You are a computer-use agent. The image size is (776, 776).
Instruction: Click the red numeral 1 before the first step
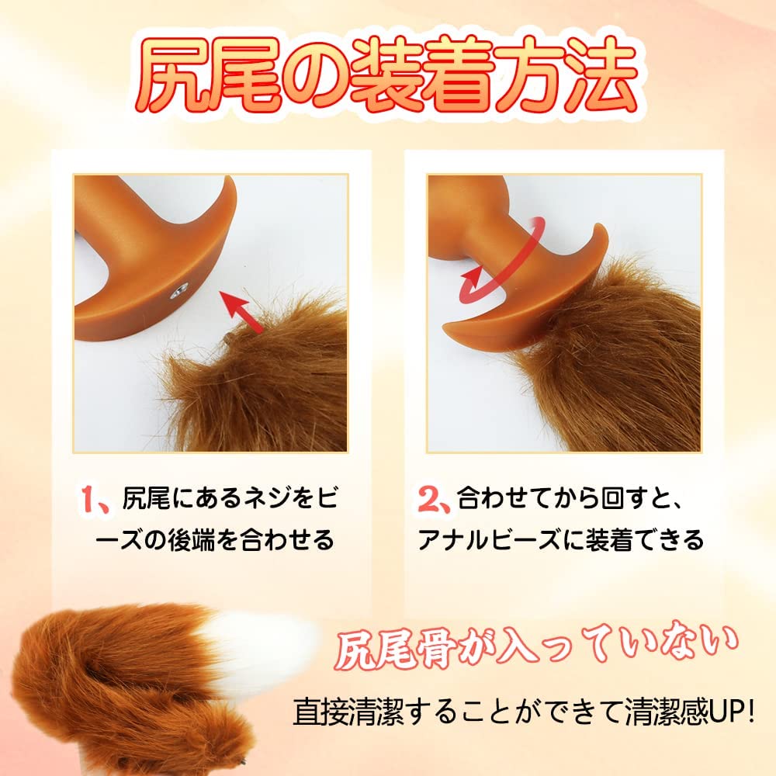tap(89, 498)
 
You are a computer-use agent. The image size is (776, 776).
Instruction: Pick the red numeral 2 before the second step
tap(428, 498)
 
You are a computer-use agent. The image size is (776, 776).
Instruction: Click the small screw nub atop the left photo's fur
tap(227, 338)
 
